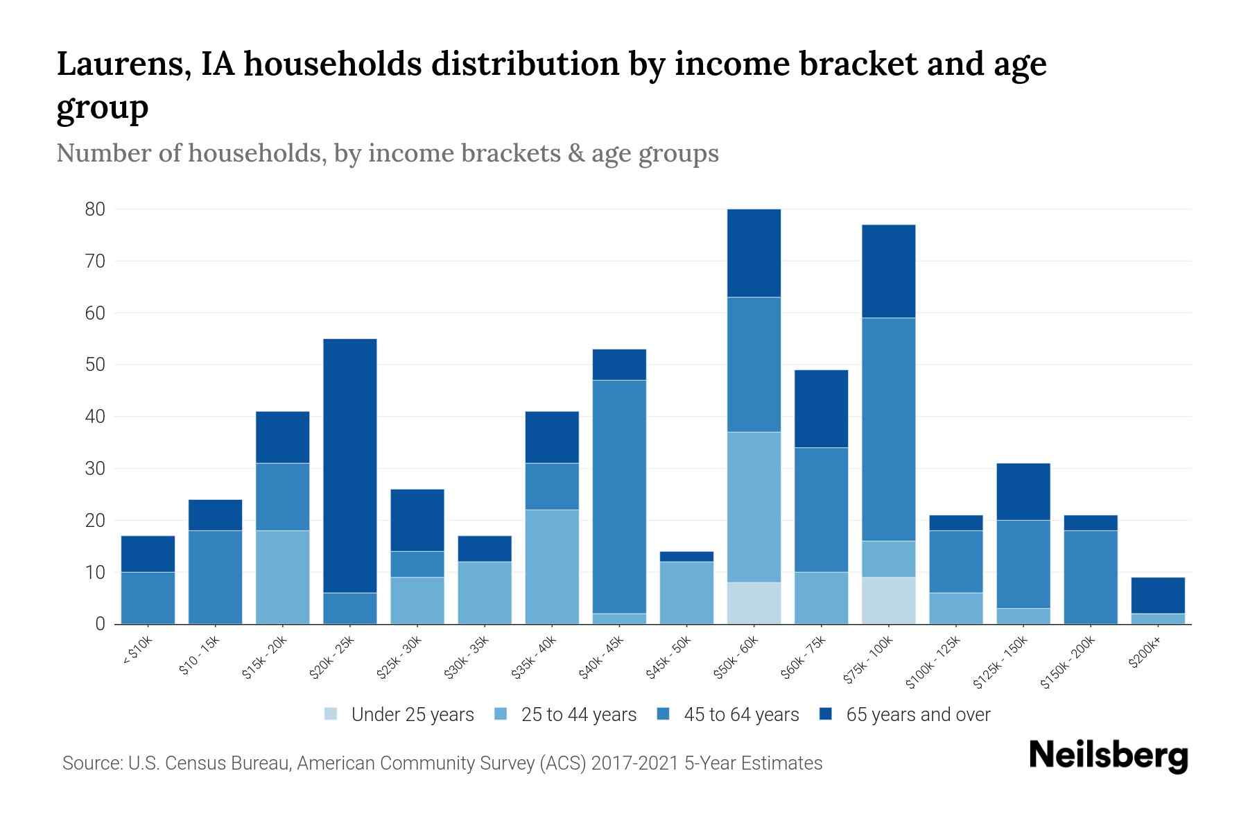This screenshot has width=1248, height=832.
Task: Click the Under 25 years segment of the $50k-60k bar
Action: tap(754, 603)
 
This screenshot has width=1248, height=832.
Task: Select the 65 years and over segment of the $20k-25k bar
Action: tap(350, 465)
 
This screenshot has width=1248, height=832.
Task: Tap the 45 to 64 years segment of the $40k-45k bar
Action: tap(619, 496)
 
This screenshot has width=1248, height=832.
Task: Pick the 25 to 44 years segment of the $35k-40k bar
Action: tap(552, 566)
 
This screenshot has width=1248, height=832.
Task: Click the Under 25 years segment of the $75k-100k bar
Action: tap(888, 600)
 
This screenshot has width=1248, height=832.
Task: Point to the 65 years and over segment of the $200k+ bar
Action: tap(1158, 595)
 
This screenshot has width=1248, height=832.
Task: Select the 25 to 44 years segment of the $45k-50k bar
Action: tap(686, 593)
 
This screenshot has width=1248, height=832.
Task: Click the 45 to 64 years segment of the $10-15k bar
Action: tap(215, 577)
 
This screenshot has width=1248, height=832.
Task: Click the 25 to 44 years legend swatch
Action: tap(501, 714)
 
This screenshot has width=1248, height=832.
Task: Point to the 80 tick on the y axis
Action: tap(95, 209)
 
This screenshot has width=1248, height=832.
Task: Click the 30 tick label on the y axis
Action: tap(95, 469)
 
